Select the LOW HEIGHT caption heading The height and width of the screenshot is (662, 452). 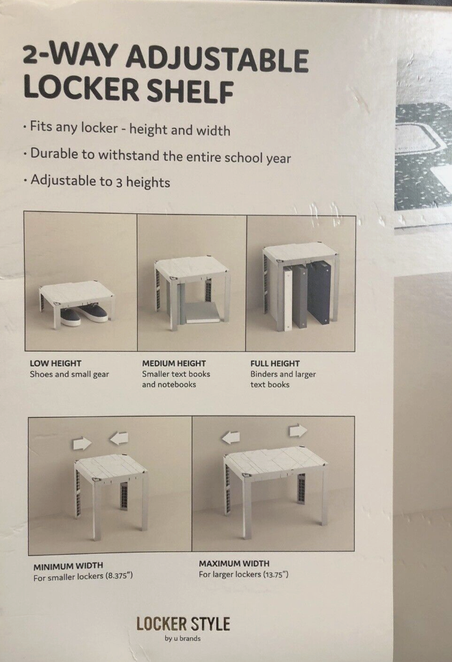tap(55, 363)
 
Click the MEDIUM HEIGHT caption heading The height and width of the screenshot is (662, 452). tap(174, 363)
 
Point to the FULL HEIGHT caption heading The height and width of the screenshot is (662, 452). tap(275, 363)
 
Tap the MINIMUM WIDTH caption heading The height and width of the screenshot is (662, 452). tap(68, 566)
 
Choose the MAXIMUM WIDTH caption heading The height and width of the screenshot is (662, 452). tap(234, 564)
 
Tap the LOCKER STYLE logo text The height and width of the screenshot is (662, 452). tap(183, 624)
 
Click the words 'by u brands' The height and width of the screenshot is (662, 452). tap(183, 638)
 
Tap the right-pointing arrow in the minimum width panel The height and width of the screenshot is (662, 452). tap(82, 443)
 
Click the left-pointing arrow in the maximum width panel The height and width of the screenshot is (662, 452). tap(231, 438)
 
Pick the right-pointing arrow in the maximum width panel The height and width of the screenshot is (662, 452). tap(298, 431)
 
